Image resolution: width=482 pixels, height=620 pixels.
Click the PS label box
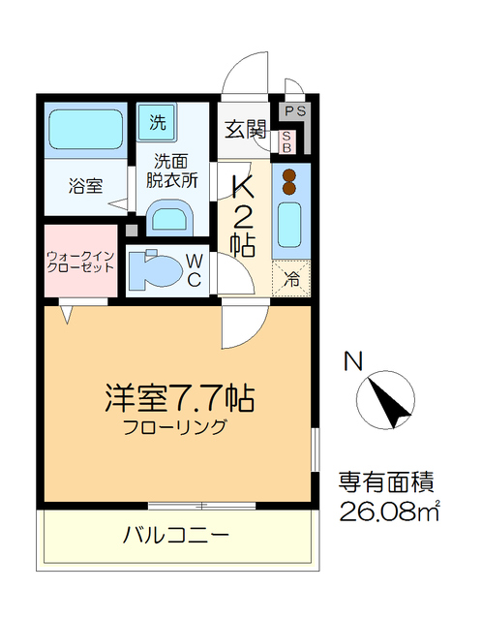(296, 111)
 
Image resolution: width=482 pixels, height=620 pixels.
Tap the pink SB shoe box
(286, 141)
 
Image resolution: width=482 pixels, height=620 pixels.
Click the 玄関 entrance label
(245, 129)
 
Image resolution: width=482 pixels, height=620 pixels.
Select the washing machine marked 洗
(158, 122)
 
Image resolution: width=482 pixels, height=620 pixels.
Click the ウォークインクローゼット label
(80, 261)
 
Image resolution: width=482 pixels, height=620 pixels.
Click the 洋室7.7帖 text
(179, 398)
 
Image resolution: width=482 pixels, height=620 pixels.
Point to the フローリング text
(175, 427)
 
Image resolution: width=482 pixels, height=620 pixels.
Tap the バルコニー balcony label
(174, 534)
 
